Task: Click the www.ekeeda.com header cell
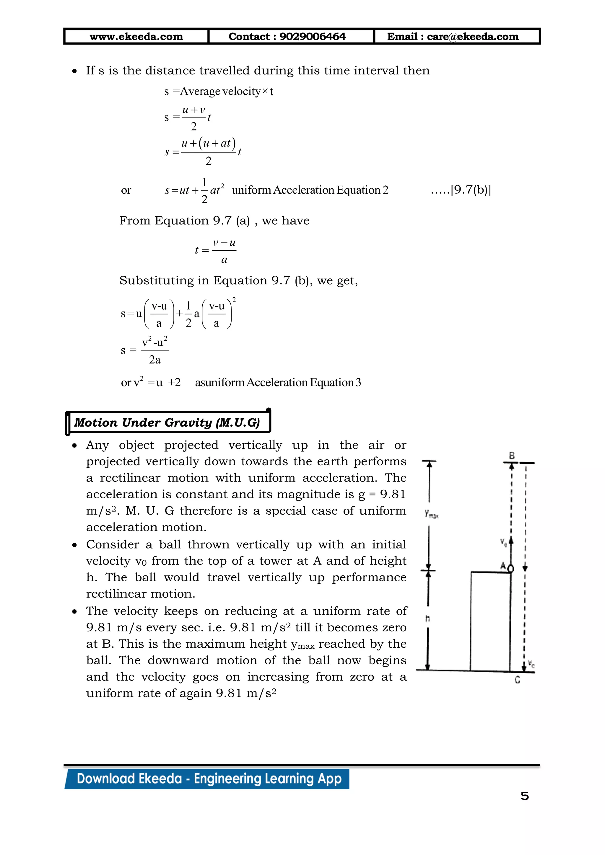(x=136, y=37)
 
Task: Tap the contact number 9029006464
(x=313, y=37)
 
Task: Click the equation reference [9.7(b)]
(x=471, y=190)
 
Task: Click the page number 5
(x=525, y=796)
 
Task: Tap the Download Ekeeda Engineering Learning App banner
(x=209, y=779)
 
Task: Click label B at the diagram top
(x=512, y=456)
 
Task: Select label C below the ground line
(x=518, y=680)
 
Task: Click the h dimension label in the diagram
(x=428, y=619)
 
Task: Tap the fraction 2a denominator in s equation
(x=154, y=360)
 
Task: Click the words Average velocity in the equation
(x=220, y=91)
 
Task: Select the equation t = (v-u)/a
(x=216, y=251)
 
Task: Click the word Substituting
(x=157, y=280)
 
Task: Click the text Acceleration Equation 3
(x=304, y=382)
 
